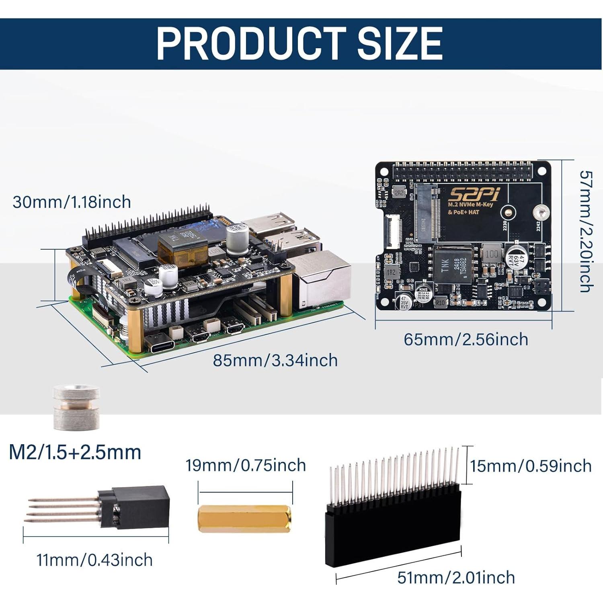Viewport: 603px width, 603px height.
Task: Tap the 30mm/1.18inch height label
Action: [x=72, y=202]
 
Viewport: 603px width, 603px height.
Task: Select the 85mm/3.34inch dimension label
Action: [x=275, y=360]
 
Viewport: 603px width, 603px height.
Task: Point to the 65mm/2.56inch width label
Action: [x=466, y=339]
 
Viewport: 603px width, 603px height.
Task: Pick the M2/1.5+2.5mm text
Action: [x=75, y=452]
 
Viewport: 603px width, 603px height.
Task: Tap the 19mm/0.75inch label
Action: [x=245, y=466]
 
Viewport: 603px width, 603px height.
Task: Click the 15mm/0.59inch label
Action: [x=531, y=466]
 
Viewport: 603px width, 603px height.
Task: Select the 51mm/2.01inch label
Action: [x=456, y=578]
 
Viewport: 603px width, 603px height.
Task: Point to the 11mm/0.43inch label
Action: [x=94, y=560]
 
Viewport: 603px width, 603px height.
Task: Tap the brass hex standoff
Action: [x=244, y=519]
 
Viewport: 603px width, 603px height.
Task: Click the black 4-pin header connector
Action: [x=139, y=507]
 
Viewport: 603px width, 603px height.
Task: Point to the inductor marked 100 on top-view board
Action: [x=491, y=254]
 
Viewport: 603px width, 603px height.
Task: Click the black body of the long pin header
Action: [x=393, y=535]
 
